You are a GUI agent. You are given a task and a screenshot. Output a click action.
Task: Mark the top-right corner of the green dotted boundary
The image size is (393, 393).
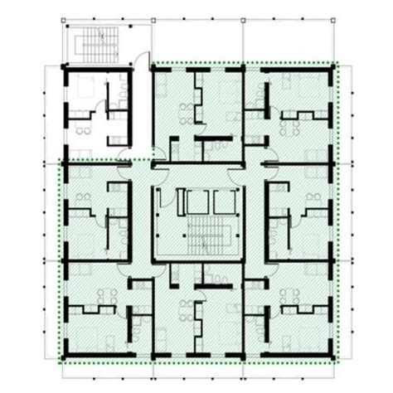334,63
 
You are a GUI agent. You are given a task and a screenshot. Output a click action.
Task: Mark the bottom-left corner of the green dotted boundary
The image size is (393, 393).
59,361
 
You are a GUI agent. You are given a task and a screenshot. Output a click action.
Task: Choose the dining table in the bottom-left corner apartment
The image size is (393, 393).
104,294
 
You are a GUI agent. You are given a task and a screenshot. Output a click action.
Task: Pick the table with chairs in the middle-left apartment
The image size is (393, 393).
83,197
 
